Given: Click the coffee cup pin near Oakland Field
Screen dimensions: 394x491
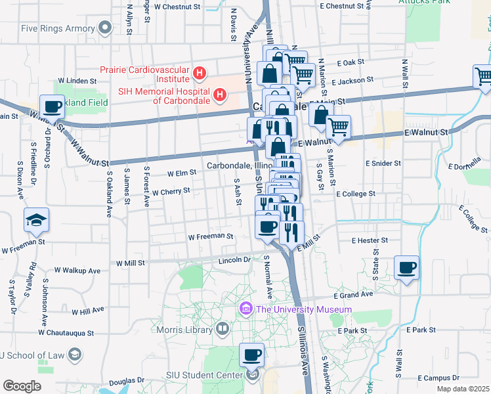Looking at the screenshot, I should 52,106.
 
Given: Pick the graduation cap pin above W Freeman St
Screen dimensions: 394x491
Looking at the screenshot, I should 36,220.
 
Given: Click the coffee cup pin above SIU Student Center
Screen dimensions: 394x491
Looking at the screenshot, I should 251,355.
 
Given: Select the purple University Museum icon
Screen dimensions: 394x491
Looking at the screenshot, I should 247,308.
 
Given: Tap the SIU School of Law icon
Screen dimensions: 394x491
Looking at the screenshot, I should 74,355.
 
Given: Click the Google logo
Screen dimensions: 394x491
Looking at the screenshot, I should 22,386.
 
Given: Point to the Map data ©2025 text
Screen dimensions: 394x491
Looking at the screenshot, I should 462,389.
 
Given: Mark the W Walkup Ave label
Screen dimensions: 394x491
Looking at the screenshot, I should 77,270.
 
